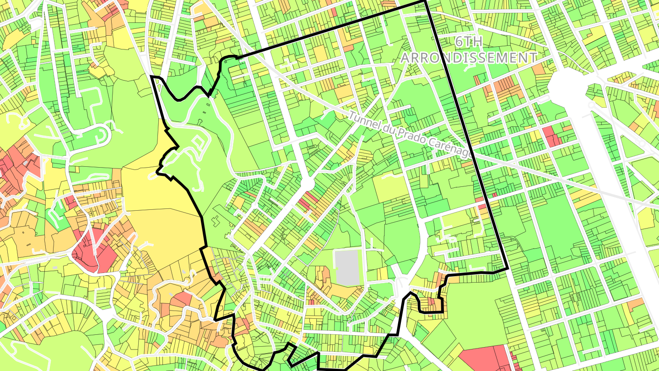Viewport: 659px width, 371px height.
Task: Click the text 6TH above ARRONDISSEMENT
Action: click(469, 42)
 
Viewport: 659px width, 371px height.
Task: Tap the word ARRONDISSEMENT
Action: click(469, 58)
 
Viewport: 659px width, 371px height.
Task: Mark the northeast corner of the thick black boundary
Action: click(425, 2)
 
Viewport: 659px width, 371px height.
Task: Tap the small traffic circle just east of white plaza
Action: click(593, 104)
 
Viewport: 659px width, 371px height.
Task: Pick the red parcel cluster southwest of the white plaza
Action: click(551, 136)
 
